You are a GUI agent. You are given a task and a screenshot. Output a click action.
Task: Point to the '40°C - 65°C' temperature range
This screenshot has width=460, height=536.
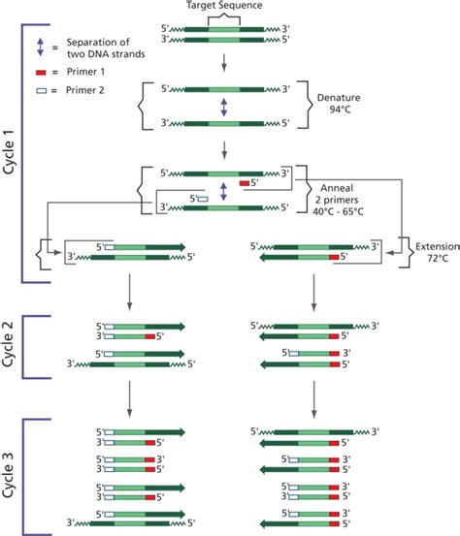coord(352,215)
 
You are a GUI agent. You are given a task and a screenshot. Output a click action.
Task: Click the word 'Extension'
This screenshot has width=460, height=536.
coord(435,248)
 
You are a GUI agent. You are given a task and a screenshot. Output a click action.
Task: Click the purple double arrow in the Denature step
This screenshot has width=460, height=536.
coord(224,110)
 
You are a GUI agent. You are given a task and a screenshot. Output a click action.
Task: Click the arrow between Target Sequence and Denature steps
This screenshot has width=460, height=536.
coord(224,67)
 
